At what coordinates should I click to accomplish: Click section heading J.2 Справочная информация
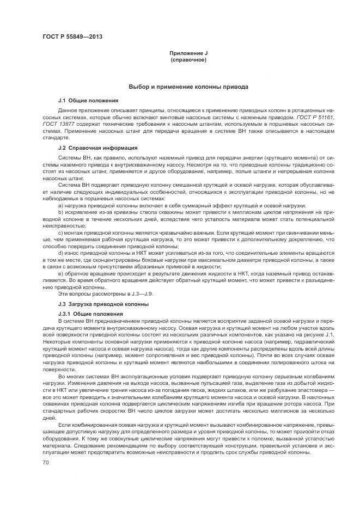coord(97,148)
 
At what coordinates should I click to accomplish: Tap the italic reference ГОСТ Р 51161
coord(316,117)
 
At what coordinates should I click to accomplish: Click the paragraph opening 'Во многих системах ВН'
coord(87,377)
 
